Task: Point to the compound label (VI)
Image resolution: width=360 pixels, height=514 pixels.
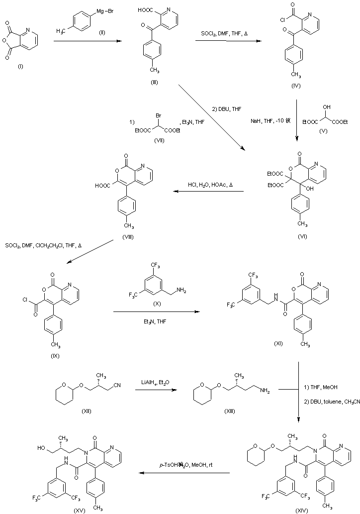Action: [x=302, y=236]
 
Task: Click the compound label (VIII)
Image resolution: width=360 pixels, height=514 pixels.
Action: [x=129, y=237]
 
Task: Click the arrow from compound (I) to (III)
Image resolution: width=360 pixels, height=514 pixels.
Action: [x=88, y=42]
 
